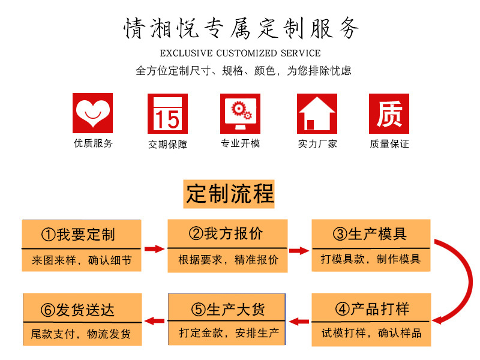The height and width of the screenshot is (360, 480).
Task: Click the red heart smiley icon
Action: click(92, 113)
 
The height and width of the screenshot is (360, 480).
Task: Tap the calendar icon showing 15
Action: click(167, 113)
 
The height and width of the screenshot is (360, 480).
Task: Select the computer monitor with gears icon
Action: click(240, 113)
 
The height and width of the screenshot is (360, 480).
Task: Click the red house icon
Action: click(316, 113)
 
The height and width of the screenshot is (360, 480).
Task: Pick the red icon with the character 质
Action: click(389, 113)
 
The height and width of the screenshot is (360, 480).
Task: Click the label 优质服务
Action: click(93, 143)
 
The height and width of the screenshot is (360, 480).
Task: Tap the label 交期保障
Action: click(167, 144)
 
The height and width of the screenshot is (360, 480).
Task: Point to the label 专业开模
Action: click(240, 143)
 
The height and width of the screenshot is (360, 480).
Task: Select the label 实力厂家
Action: click(317, 144)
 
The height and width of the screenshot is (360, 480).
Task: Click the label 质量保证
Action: click(389, 144)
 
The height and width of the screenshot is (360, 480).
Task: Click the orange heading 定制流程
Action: click(230, 194)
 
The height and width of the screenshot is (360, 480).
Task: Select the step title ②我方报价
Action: click(226, 233)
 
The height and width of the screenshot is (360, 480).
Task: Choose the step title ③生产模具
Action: click(370, 233)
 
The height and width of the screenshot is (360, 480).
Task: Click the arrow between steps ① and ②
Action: click(154, 248)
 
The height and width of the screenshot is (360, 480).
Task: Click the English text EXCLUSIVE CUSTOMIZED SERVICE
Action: click(240, 53)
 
